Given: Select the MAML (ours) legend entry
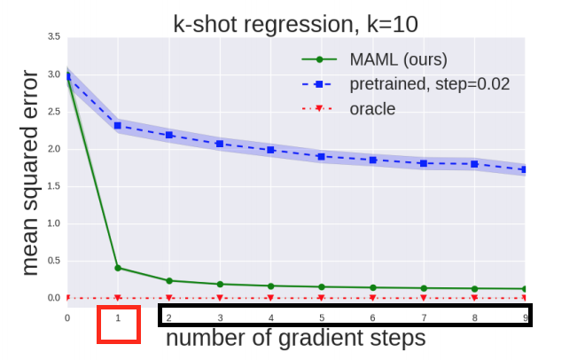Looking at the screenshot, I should [x=372, y=60].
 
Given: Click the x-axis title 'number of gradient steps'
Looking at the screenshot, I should [x=295, y=338].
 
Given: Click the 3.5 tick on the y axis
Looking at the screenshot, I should [x=54, y=37].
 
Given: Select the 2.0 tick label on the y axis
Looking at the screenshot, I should [x=54, y=149].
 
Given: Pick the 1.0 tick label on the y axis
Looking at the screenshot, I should [x=54, y=223].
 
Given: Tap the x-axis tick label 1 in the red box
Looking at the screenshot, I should [x=118, y=317].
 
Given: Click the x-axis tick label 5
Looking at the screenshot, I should [x=322, y=317].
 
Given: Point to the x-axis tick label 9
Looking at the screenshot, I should [x=526, y=317].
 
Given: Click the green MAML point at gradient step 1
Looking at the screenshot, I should [x=118, y=268].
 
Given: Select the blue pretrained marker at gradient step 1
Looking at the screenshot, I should [x=118, y=125].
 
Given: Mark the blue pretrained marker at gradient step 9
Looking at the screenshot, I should [x=526, y=169].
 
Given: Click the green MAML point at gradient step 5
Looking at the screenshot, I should [x=322, y=286].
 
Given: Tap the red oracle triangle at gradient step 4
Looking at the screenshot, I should [x=271, y=298].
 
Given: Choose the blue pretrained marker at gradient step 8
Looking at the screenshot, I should [x=475, y=164].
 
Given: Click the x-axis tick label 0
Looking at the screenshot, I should [x=67, y=317].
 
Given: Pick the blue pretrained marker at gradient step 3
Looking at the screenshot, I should [x=220, y=143].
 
